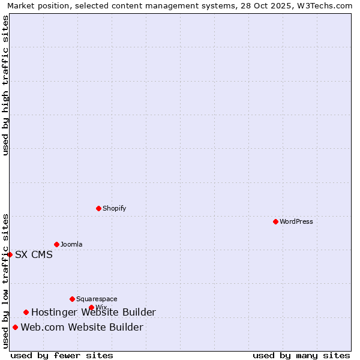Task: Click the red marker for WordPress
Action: [275, 221]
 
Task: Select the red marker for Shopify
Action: [98, 208]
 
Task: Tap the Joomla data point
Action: [56, 244]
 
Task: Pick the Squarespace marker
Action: [72, 299]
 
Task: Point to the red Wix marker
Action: [91, 307]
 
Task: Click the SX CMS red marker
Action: [10, 254]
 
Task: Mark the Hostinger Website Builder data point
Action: [26, 312]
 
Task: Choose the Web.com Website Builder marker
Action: [15, 327]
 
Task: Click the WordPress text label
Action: [296, 221]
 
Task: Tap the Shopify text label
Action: [114, 208]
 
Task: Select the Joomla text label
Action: [71, 244]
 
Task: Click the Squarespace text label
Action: [97, 299]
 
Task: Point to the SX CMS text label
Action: [34, 254]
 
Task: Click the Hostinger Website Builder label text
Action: [93, 312]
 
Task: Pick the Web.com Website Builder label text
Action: [82, 327]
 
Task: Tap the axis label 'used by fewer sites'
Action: [62, 355]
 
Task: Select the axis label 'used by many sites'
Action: [301, 355]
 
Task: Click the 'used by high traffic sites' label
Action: [5, 85]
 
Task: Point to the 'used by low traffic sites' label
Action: [5, 281]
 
